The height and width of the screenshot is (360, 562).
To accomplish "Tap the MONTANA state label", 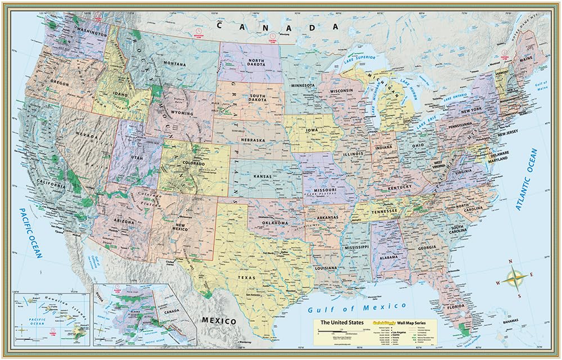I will point(176,65).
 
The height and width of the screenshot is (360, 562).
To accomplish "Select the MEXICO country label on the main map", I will point(219,321).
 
